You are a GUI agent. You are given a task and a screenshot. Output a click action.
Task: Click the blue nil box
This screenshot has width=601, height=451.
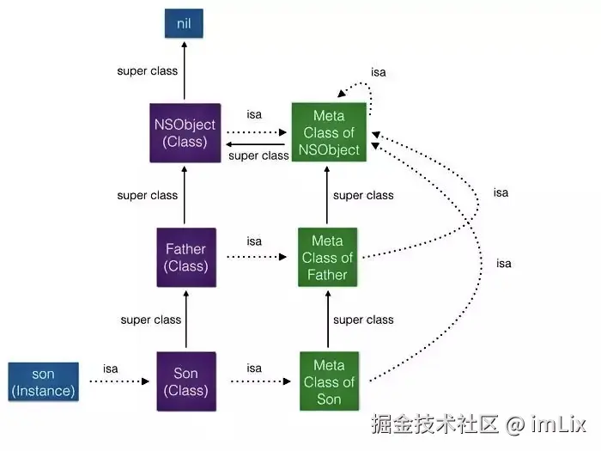pyautogui.click(x=184, y=23)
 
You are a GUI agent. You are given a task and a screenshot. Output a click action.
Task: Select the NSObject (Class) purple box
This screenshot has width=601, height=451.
pyautogui.click(x=185, y=133)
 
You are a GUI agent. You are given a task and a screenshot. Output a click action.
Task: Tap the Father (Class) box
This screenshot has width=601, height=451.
pyautogui.click(x=185, y=258)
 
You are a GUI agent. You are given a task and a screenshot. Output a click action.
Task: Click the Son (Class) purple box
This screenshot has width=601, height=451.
pyautogui.click(x=185, y=382)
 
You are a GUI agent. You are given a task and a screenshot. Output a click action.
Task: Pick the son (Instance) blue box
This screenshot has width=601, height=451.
pyautogui.click(x=43, y=382)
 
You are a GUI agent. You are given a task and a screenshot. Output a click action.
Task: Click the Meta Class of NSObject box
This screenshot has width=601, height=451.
pyautogui.click(x=329, y=133)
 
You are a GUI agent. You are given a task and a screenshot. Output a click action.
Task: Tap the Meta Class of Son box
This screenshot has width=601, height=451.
pyautogui.click(x=329, y=382)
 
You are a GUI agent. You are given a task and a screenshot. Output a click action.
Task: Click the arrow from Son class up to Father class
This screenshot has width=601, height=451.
pyautogui.click(x=185, y=320)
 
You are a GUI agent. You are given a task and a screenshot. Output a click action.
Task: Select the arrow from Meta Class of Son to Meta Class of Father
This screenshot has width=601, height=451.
pyautogui.click(x=329, y=320)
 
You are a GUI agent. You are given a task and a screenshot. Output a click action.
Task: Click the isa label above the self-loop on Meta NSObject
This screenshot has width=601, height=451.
pyautogui.click(x=378, y=72)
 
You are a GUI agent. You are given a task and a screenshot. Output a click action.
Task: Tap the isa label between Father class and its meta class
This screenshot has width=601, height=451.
pyautogui.click(x=254, y=241)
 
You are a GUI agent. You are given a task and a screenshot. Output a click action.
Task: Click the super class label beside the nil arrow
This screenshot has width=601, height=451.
pyautogui.click(x=147, y=71)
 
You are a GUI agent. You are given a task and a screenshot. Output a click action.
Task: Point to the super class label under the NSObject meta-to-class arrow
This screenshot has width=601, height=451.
pyautogui.click(x=259, y=155)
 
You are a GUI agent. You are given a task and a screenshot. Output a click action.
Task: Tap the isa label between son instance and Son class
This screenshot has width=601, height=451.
pyautogui.click(x=110, y=369)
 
